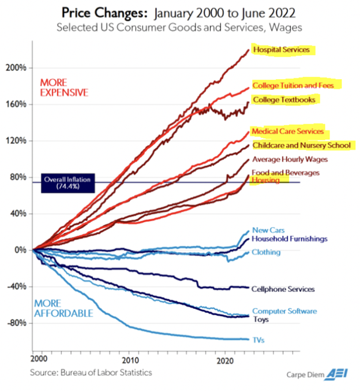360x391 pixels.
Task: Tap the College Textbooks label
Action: pos(283,100)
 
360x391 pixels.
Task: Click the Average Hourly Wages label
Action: pos(290,159)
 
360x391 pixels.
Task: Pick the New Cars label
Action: pos(268,230)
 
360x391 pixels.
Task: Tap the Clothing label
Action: pos(266,252)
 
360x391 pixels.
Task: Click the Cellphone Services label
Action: pos(284,289)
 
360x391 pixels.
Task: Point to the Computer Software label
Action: pos(284,311)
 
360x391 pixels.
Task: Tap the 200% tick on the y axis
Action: pos(17,68)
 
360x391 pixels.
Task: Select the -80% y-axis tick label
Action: pos(17,323)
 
